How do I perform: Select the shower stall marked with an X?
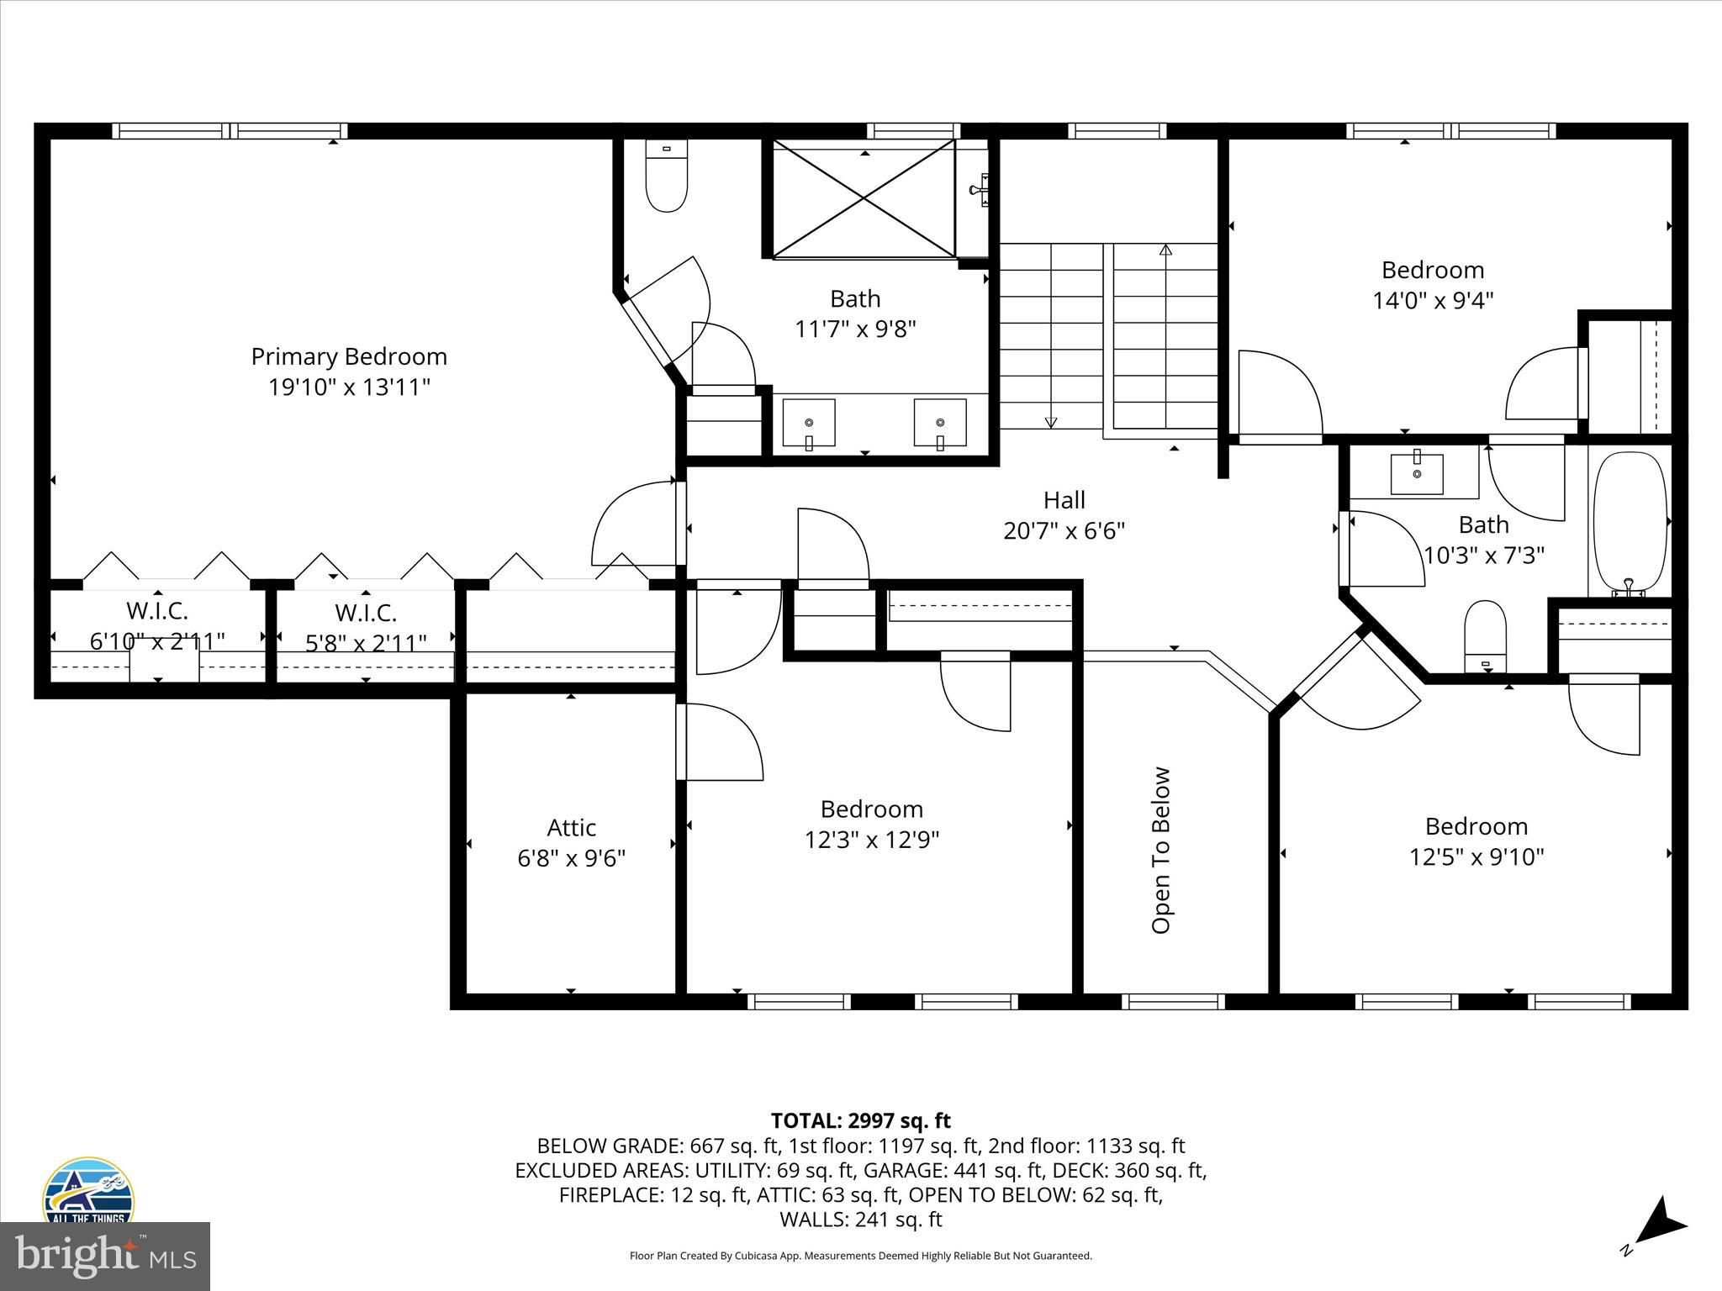[x=864, y=199]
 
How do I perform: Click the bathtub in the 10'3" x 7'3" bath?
[x=1629, y=523]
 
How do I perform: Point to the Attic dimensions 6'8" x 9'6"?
[x=571, y=858]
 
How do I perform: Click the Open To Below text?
[x=1161, y=850]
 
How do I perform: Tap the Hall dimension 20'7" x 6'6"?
[x=1064, y=531]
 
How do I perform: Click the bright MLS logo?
[x=105, y=1256]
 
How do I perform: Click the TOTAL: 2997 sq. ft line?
[x=860, y=1120]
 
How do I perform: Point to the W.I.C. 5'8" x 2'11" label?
[x=366, y=627]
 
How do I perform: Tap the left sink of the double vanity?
[x=809, y=423]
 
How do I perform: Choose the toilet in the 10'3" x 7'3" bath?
[x=1485, y=637]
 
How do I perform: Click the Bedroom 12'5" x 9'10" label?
[x=1476, y=840]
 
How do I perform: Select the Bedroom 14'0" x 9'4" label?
[x=1433, y=284]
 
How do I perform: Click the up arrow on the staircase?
[x=1165, y=250]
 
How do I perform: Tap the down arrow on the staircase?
[x=1050, y=422]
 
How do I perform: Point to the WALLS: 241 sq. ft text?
[x=860, y=1219]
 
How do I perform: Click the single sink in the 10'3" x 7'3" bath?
[x=1417, y=473]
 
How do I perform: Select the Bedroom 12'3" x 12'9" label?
[x=872, y=824]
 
